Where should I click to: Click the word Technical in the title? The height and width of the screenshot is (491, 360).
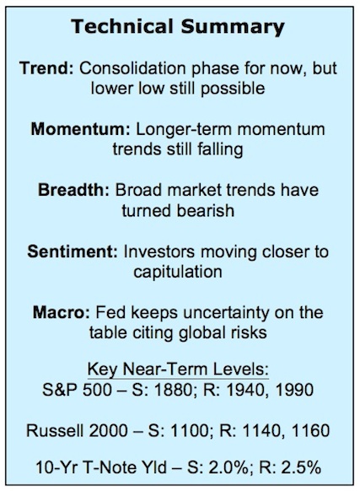[122, 26]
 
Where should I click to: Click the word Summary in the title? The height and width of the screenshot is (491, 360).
[233, 28]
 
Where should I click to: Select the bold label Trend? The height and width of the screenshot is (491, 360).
[46, 68]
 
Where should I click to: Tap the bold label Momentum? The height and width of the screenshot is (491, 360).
[80, 129]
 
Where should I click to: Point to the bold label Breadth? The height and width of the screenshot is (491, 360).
[73, 190]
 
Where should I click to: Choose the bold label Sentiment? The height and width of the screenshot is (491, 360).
[73, 251]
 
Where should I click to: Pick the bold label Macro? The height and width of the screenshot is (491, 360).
[62, 312]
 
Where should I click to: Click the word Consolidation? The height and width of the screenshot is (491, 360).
[132, 68]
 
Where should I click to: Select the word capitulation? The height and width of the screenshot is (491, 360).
[178, 272]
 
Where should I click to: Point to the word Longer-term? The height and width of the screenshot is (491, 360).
[184, 130]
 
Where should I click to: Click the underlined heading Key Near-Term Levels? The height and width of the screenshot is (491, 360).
[178, 370]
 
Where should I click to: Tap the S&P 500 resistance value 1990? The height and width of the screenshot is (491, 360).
[294, 390]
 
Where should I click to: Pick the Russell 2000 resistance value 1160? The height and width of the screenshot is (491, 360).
[310, 430]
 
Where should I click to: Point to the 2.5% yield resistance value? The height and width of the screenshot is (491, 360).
[301, 468]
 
